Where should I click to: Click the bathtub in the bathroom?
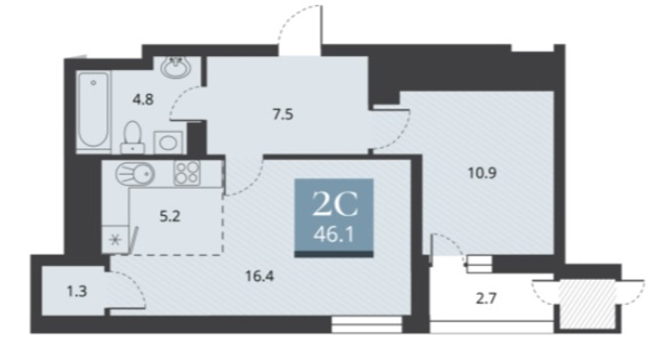93,110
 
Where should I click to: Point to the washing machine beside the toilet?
168,143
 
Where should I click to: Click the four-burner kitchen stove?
187,173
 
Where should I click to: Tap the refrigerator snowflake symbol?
115,241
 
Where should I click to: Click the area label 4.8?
143,100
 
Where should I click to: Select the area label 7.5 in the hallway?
283,115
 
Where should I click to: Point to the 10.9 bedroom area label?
483,173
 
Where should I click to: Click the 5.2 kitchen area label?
170,217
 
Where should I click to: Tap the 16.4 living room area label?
259,276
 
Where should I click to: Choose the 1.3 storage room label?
77,291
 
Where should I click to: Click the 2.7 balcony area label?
486,299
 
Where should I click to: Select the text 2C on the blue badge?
334,204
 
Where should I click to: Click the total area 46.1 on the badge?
334,235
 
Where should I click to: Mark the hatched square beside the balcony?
587,303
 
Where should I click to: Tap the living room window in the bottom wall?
367,325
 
